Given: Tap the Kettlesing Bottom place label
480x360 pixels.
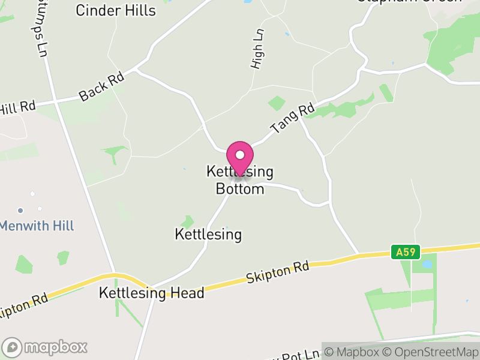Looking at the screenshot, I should click(240, 181).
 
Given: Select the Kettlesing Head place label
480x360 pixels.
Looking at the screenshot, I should click(152, 293).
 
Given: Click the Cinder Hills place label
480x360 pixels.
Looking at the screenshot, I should click(116, 11).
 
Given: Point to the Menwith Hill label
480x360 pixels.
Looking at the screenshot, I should click(37, 226).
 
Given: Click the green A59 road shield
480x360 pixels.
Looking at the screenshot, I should click(406, 252).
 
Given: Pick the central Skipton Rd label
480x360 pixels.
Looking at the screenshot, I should click(277, 272).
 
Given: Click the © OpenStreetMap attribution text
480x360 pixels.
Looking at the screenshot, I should click(431, 352).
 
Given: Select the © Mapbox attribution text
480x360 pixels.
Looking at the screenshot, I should click(353, 352).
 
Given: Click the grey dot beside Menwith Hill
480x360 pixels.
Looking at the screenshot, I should click(20, 211).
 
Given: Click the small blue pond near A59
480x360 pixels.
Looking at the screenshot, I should click(427, 264).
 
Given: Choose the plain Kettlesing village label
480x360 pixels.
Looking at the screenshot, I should click(208, 234).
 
